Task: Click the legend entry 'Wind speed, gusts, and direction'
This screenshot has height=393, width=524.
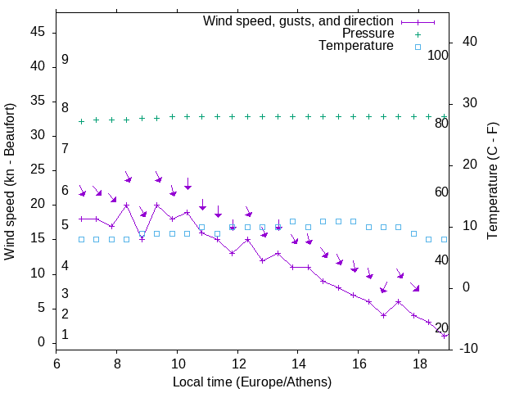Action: click(298, 20)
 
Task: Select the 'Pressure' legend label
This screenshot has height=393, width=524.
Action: click(368, 34)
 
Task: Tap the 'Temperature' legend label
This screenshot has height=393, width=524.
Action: click(356, 47)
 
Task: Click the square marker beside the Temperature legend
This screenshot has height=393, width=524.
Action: click(418, 47)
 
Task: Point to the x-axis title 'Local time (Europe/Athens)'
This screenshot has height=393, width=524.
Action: click(252, 382)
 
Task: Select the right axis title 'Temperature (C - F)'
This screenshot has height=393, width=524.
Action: click(492, 182)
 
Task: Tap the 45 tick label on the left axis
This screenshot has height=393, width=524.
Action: click(37, 33)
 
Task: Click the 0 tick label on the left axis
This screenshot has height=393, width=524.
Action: click(42, 342)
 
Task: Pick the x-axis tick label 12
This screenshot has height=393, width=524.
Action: click(237, 363)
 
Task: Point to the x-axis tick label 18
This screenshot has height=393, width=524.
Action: click(418, 363)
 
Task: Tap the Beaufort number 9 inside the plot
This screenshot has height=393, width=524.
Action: click(65, 60)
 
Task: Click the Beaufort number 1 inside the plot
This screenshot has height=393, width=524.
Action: click(65, 335)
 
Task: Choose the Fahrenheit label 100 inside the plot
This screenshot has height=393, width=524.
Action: click(438, 55)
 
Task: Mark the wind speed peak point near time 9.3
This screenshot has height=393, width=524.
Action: click(156, 205)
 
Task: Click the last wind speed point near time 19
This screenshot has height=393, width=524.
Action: click(444, 335)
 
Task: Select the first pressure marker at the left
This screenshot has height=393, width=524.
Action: click(81, 121)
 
